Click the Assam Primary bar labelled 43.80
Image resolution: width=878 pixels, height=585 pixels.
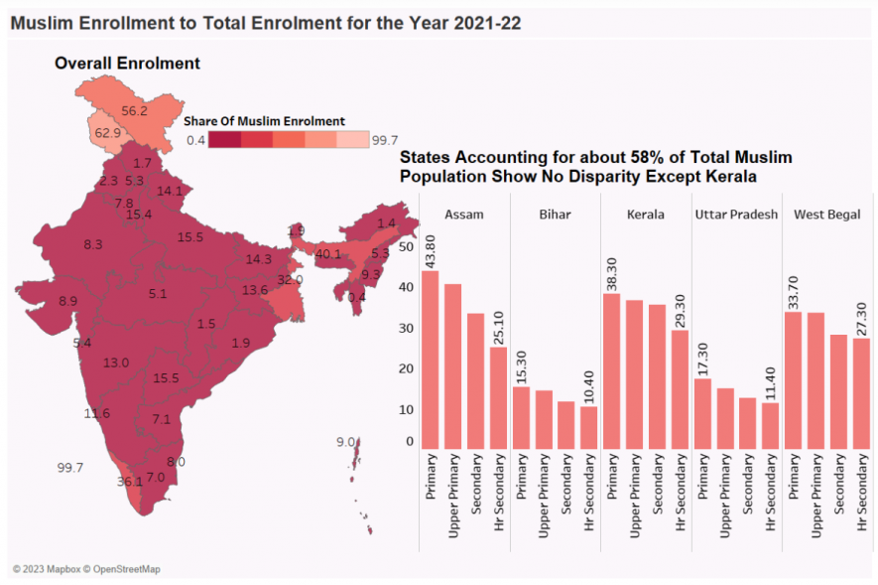click(431, 359)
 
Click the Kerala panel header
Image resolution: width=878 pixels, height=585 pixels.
click(646, 215)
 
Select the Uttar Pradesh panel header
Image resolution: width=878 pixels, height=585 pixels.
click(736, 215)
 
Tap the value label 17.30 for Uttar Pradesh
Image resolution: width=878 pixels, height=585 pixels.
click(702, 356)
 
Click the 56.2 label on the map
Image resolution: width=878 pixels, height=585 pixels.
click(134, 110)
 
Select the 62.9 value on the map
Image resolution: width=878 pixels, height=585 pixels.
click(107, 132)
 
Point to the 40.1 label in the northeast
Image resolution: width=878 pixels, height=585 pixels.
click(328, 254)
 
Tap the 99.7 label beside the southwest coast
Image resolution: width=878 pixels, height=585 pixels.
click(70, 467)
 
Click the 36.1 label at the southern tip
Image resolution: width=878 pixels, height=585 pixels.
click(130, 482)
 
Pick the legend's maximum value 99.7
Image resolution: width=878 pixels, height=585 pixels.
click(385, 140)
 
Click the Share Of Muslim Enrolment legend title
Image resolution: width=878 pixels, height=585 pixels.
click(264, 120)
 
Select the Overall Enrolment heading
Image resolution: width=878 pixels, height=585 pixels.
click(127, 64)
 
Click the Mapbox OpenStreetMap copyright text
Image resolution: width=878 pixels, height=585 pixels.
click(86, 569)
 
